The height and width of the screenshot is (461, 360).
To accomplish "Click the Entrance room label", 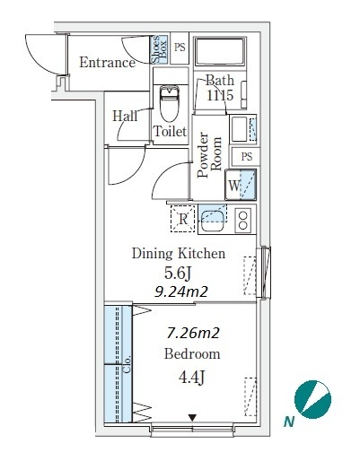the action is [x=107, y=63].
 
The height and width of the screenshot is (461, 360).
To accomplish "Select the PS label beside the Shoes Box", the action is [x=180, y=48].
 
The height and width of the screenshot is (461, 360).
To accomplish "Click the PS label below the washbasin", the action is [x=247, y=156].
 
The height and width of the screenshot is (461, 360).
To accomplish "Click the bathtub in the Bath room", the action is [x=220, y=51].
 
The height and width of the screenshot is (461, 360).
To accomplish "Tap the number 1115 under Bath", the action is [x=220, y=95].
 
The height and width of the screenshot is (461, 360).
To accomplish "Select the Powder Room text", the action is [x=209, y=154].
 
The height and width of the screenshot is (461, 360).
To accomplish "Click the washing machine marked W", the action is [x=241, y=185].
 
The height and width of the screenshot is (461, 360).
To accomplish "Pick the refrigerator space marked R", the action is [x=182, y=219].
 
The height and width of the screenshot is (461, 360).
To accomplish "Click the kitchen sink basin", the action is [x=213, y=221].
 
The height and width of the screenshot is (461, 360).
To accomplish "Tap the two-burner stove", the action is [x=242, y=220].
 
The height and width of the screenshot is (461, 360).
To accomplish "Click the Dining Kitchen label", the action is [x=179, y=254].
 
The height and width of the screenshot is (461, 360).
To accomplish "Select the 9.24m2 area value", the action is [x=181, y=291].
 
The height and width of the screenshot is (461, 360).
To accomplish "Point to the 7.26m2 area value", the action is [x=193, y=333].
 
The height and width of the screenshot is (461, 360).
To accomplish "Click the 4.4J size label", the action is [x=191, y=378].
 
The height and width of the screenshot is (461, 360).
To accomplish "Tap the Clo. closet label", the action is [x=127, y=364].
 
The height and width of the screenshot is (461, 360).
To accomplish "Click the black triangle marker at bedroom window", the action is [x=192, y=418].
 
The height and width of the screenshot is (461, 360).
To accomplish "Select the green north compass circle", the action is [x=312, y=399].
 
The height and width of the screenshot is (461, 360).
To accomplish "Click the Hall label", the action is [x=125, y=116].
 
